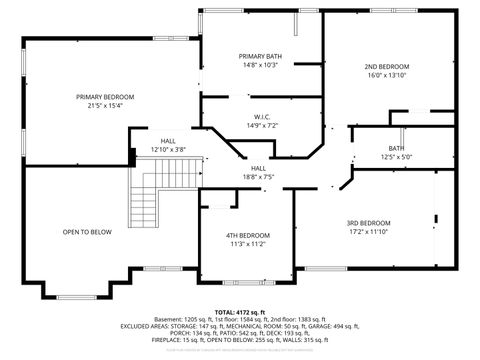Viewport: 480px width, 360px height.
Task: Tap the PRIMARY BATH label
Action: click(259, 55)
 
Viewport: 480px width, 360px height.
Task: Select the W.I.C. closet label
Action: click(259, 117)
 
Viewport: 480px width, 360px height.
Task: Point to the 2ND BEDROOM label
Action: click(387, 66)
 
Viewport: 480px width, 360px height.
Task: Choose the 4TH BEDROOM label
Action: click(247, 234)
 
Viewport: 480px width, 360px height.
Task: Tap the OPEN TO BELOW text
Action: click(87, 232)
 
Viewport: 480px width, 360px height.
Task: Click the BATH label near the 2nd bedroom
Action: click(397, 147)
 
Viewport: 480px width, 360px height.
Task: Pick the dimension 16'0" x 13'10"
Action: click(387, 75)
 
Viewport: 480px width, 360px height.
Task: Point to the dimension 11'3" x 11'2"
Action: click(247, 243)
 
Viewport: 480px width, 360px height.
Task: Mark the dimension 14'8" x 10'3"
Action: click(259, 64)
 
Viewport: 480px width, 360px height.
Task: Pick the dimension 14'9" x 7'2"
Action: click(259, 126)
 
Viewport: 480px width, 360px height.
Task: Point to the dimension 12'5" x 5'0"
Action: click(397, 156)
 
